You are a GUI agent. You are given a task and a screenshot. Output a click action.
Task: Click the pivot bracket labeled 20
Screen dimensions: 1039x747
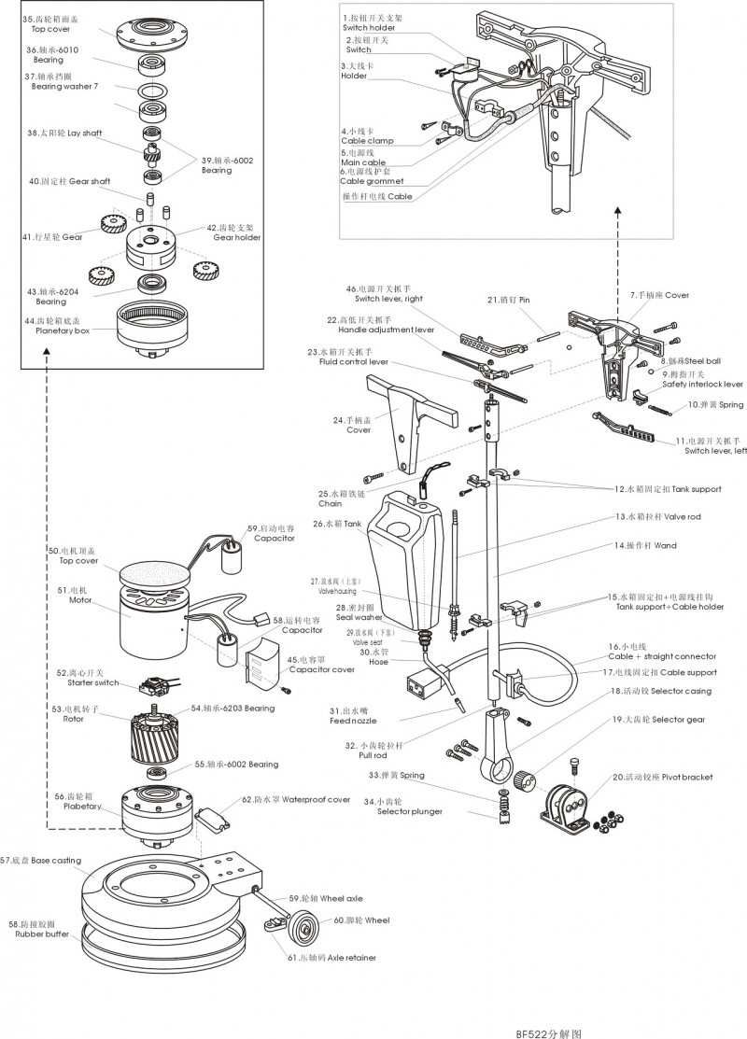(x=567, y=804)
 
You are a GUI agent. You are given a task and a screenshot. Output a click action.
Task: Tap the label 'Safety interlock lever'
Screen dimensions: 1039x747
(x=702, y=384)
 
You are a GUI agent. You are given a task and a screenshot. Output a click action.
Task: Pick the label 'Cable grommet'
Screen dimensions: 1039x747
(x=372, y=181)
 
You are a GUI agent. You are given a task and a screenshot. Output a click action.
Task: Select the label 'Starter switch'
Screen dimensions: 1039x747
(x=73, y=682)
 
